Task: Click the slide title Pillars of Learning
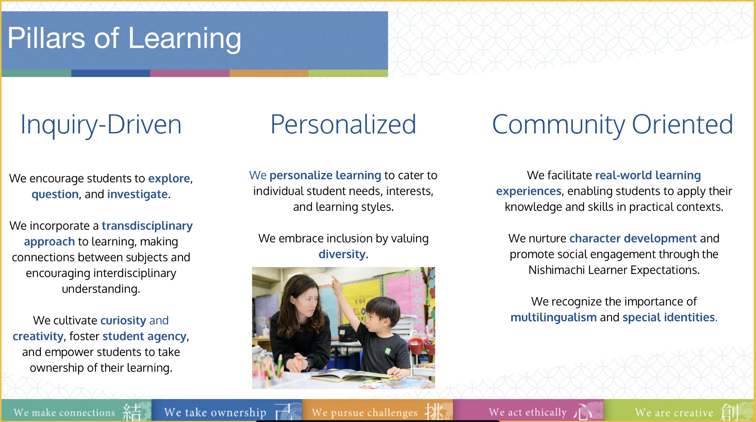[124, 38]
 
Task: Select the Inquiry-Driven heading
[101, 125]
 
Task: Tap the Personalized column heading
[343, 124]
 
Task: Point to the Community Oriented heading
[613, 124]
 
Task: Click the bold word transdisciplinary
[147, 225]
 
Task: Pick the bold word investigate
[137, 194]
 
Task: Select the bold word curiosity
[123, 320]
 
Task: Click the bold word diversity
[342, 254]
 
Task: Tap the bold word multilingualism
[554, 318]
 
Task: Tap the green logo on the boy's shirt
[388, 351]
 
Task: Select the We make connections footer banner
[77, 410]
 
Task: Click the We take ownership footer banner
[227, 410]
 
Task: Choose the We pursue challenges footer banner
[378, 410]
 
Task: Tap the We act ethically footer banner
[528, 410]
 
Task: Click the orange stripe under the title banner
[269, 73]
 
